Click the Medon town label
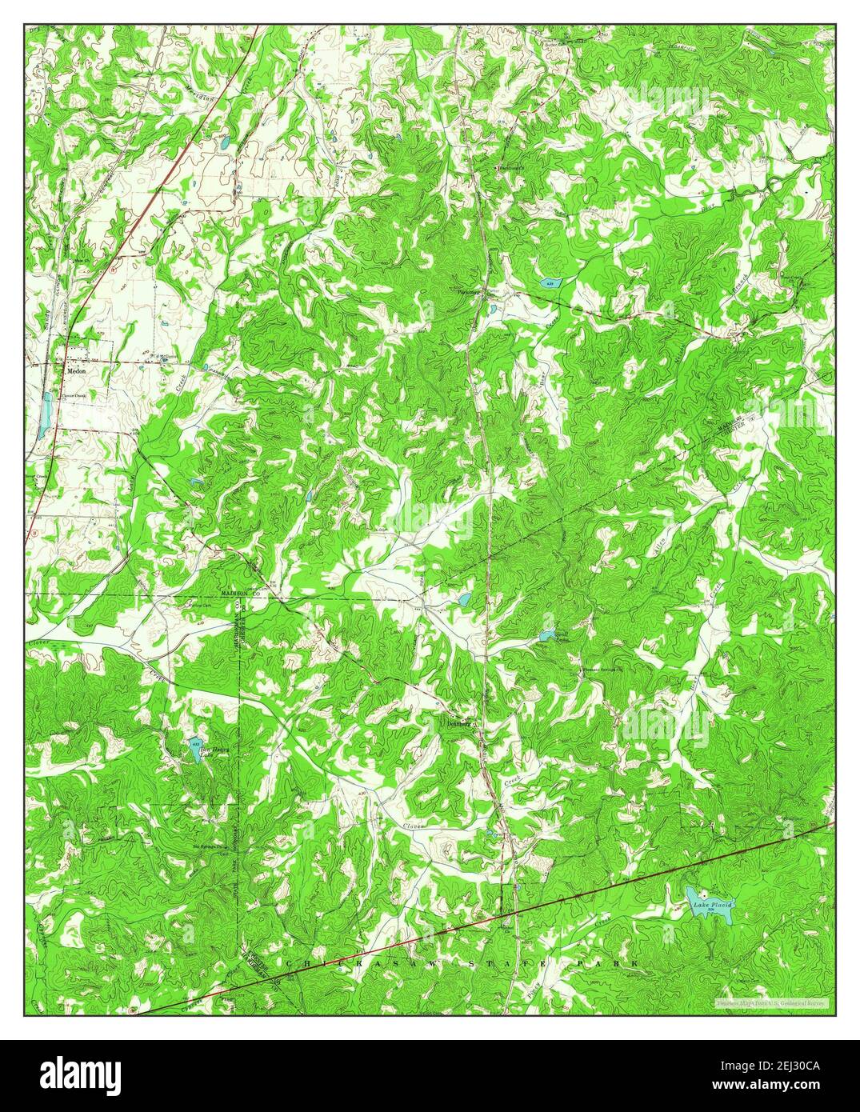pyautogui.click(x=76, y=371)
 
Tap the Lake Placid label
pyautogui.click(x=711, y=904)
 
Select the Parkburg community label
pyautogui.click(x=468, y=292)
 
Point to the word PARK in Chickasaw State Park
pyautogui.click(x=609, y=965)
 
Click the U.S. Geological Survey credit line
pyautogui.click(x=772, y=1002)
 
